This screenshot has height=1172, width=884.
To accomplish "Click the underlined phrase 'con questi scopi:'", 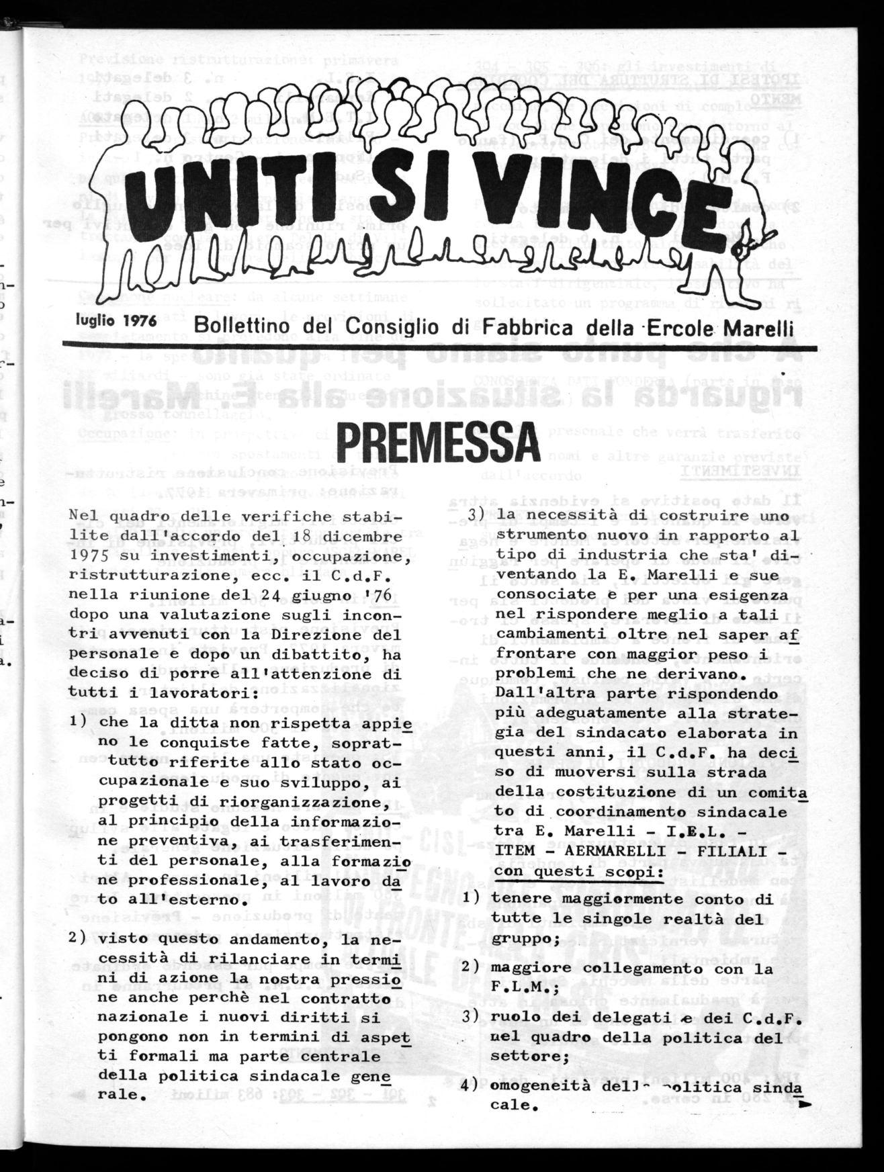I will coord(578,870).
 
